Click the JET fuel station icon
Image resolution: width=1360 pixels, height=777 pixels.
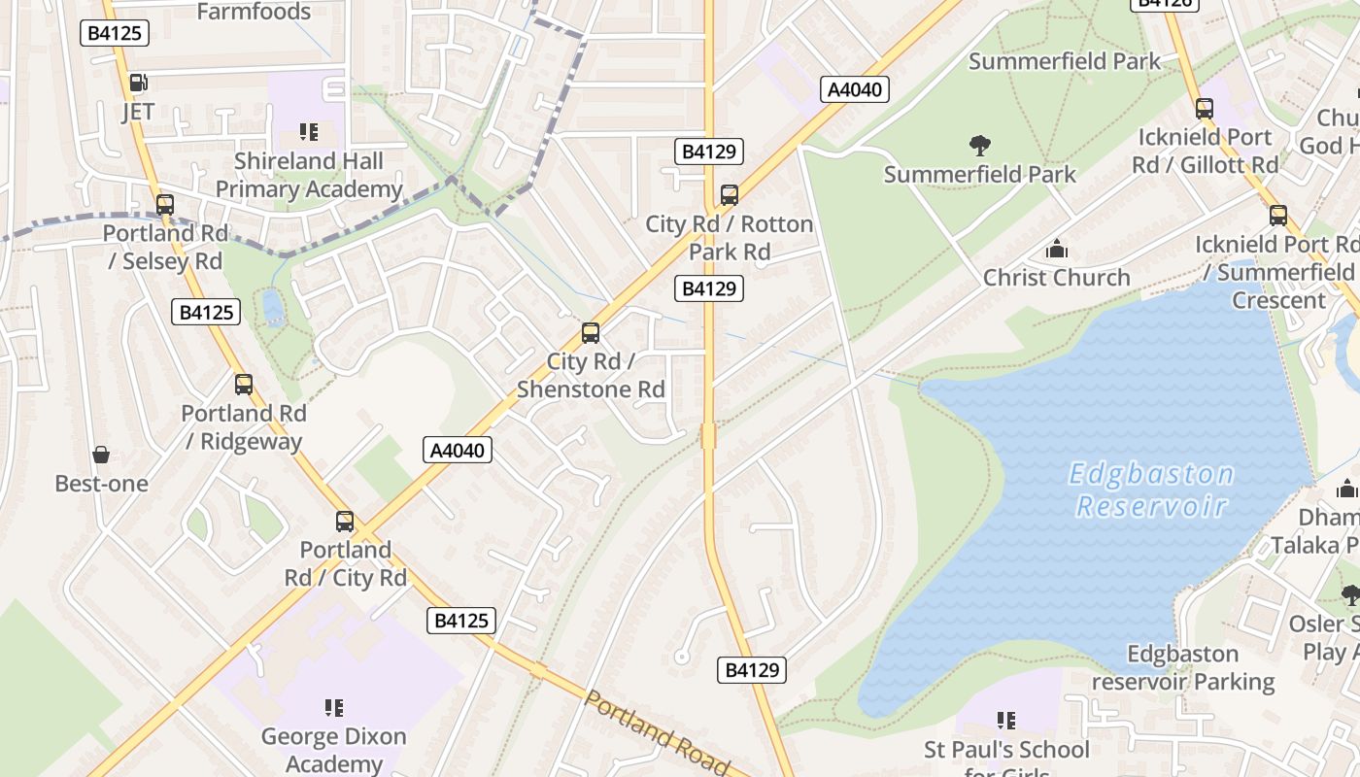138,84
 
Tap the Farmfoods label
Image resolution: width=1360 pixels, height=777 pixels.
254,12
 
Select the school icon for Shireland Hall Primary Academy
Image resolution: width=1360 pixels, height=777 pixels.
309,131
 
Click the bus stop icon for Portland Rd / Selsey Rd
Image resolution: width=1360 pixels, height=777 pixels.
165,205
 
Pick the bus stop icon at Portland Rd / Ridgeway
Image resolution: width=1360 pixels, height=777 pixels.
244,385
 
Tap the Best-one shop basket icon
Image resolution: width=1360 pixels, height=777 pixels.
101,455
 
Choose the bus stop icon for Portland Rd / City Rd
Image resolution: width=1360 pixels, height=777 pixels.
345,522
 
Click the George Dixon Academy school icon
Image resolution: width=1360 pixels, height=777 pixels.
334,707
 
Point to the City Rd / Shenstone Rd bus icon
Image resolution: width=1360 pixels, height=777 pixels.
591,333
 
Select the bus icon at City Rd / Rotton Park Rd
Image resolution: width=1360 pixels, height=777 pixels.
730,195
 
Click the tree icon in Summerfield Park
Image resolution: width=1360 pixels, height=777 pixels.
980,146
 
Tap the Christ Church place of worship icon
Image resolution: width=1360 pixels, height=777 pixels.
1057,250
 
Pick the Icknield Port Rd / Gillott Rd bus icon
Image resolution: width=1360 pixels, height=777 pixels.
1205,109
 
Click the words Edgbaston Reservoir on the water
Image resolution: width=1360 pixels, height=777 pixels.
1151,490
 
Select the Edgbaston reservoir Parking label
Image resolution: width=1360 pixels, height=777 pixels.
1182,667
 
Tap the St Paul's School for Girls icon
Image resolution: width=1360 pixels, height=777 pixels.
1006,721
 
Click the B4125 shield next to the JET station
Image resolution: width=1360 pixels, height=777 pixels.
115,33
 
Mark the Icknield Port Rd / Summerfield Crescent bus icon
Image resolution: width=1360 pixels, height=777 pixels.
1278,216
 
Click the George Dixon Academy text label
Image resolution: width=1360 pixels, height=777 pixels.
334,749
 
